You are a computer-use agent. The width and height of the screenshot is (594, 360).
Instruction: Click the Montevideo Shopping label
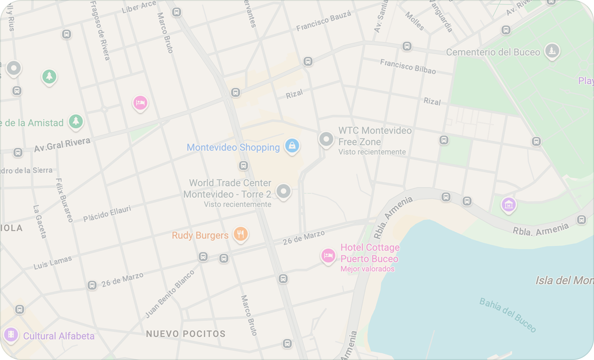[x=233, y=148]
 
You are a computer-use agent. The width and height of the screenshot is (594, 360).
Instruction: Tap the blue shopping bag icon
[x=292, y=146]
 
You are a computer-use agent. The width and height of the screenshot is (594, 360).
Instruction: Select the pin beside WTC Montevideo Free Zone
[x=326, y=139]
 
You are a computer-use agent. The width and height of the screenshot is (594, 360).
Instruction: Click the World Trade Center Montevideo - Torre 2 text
[x=228, y=189]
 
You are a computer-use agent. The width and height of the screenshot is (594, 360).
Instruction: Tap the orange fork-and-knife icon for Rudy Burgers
[x=241, y=234]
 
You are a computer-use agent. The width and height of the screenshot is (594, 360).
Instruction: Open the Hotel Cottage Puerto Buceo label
[x=369, y=253]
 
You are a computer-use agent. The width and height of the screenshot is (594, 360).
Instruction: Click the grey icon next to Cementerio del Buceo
[x=551, y=51]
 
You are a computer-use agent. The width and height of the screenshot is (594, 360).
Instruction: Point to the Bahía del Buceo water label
[x=508, y=315]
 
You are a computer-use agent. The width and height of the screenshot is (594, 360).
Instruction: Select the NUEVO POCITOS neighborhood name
[x=185, y=334]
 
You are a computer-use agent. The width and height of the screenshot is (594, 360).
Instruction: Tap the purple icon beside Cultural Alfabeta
[x=11, y=334]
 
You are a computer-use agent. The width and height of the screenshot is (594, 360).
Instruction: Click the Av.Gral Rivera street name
[x=62, y=145]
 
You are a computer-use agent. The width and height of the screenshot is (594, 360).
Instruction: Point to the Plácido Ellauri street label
[x=107, y=213]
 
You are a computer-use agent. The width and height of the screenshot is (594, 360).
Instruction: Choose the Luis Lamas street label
[x=53, y=263]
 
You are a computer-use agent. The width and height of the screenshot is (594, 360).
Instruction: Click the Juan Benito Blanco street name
[x=170, y=293]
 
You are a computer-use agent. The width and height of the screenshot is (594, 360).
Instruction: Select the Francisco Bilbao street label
[x=408, y=66]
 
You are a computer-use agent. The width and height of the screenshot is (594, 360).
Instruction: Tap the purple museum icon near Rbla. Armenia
[x=508, y=205]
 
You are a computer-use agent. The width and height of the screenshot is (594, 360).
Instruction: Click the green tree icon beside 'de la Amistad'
[x=76, y=121]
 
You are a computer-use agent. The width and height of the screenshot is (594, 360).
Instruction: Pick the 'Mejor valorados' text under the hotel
[x=367, y=269]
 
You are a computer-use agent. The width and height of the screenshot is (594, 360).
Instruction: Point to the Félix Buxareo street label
[x=64, y=200]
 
